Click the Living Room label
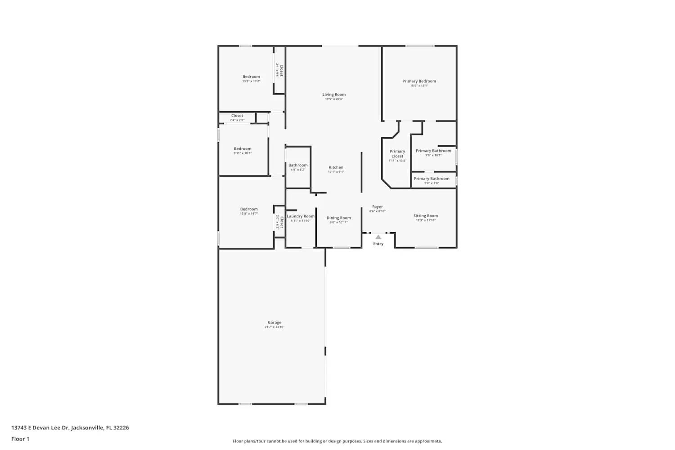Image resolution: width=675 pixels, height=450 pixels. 334,95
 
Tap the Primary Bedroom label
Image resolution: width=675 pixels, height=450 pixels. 419,81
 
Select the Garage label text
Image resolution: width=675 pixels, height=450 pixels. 274,323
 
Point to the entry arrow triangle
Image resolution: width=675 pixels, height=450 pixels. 378,237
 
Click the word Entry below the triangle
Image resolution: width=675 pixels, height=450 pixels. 378,244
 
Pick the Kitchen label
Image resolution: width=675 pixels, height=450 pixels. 336,167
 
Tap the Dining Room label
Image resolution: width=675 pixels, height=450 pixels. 338,218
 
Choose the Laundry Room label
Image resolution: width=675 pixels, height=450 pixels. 301,216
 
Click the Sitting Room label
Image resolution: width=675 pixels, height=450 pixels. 426,216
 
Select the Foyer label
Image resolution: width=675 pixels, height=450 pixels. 377,207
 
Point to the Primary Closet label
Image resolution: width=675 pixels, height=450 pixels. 397,154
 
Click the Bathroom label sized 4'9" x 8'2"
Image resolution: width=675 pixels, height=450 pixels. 298,166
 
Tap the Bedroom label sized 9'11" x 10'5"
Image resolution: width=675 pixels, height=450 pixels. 243,149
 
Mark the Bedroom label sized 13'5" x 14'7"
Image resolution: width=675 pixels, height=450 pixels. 249,209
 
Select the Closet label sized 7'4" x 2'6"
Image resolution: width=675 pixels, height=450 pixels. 237,116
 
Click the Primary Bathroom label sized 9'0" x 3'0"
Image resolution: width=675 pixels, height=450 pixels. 432,179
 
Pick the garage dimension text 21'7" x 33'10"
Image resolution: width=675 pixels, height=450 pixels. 274,327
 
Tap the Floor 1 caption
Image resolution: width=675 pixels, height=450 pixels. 20,439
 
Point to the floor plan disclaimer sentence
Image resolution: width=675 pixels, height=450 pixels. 337,441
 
